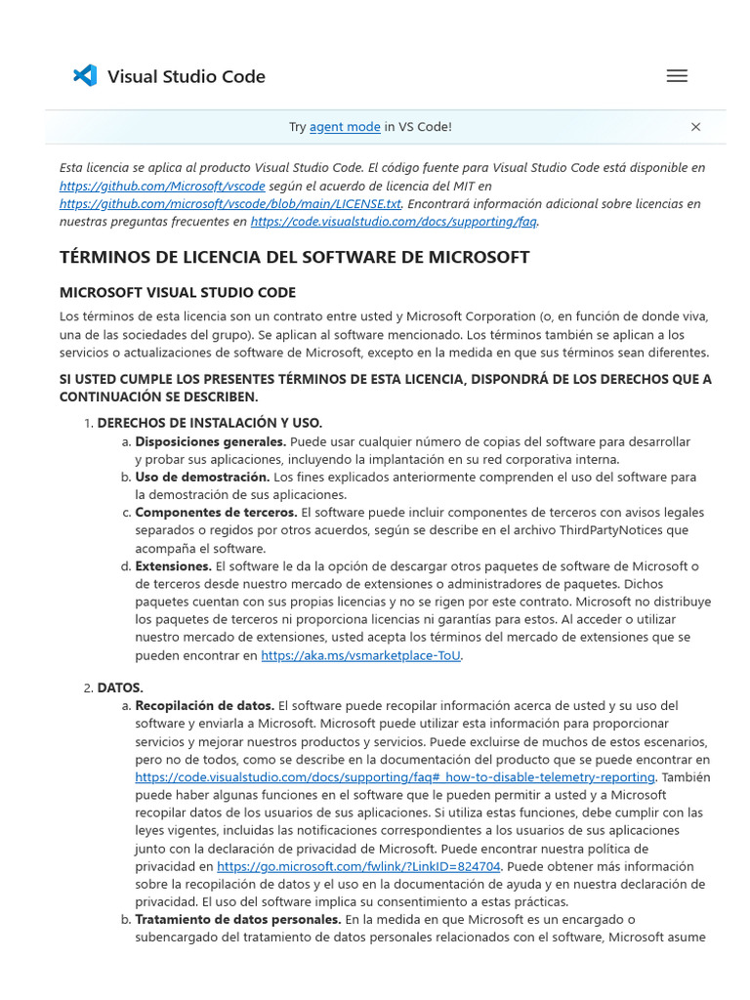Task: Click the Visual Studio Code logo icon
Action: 85,76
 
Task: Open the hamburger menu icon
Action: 677,76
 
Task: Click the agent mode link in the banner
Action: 345,127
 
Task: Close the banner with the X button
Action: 695,127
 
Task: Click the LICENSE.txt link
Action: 229,204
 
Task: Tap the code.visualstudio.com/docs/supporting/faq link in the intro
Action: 394,222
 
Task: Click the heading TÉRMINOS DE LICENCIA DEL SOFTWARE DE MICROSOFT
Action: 294,258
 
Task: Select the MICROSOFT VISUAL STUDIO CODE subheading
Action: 177,293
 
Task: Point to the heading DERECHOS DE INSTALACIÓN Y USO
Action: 209,423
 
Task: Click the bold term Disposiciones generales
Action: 210,441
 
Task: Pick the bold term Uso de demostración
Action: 202,477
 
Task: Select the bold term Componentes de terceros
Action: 216,512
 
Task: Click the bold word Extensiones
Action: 173,565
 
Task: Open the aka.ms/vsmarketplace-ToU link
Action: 360,655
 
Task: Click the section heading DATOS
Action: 120,687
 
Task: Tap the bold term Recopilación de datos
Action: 204,705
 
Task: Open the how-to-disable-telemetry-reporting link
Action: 395,776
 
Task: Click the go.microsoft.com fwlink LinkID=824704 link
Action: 358,866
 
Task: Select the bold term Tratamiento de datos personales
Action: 237,919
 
